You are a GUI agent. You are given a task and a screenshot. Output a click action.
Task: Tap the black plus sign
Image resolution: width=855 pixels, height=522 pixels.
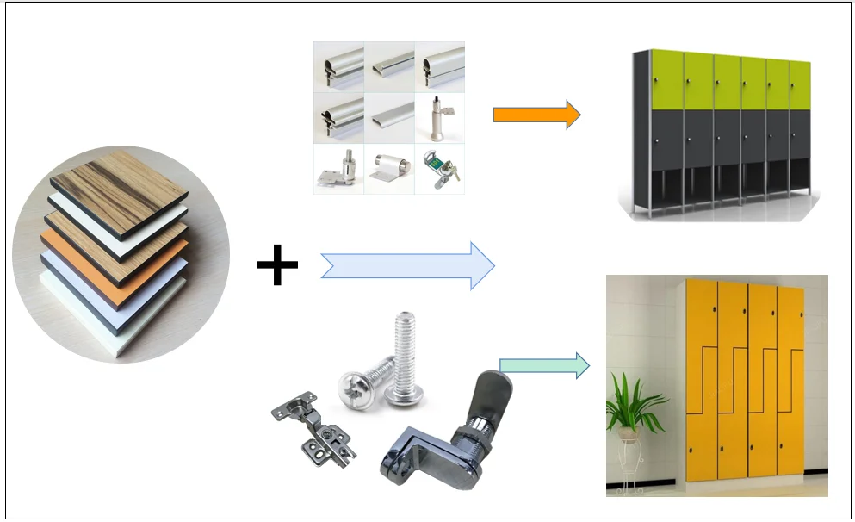(x=277, y=265)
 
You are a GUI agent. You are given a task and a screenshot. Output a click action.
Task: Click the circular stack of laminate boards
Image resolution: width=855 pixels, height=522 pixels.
(x=121, y=253)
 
